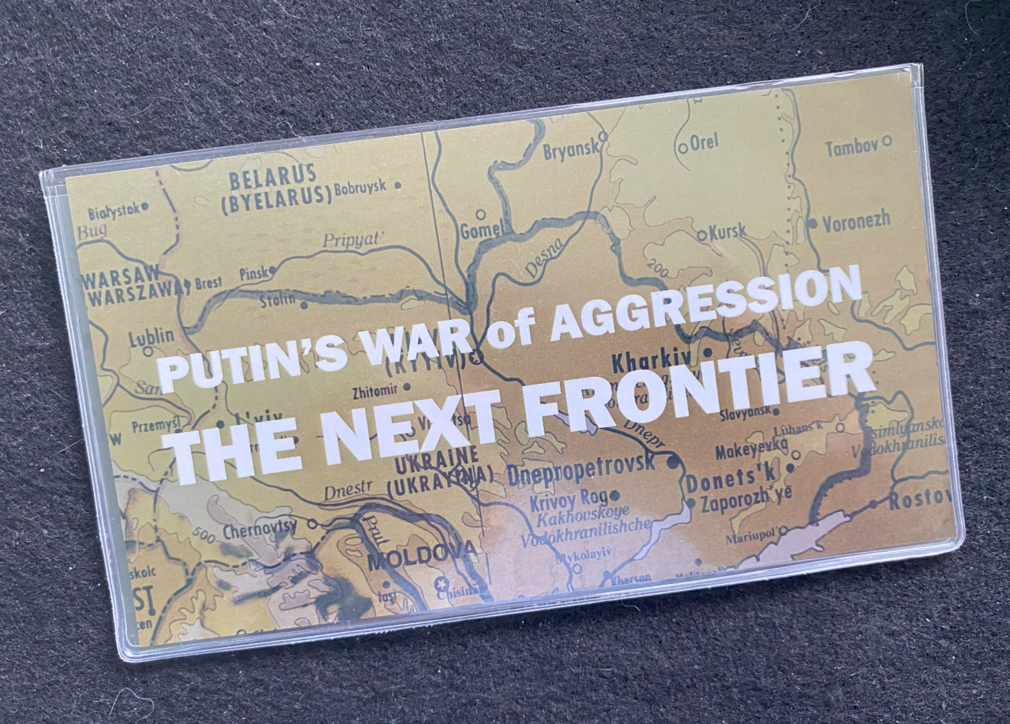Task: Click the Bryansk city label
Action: [570, 149]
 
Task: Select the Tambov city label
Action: [851, 148]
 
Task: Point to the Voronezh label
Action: [857, 222]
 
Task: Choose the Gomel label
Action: [481, 230]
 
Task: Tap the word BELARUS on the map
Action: [272, 175]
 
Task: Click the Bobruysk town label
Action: [362, 187]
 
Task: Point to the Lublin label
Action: [152, 337]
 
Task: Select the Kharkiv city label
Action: [654, 362]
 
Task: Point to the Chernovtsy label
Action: [260, 530]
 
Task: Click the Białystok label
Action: [114, 210]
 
